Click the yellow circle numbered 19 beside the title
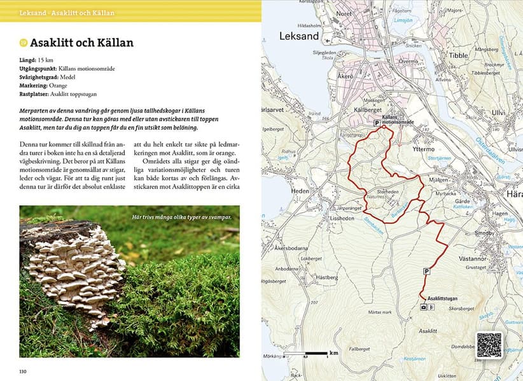coord(24,43)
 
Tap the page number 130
coord(23,371)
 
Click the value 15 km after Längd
coord(45,60)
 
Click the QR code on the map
coord(489,345)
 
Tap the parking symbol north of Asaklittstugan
coord(426,272)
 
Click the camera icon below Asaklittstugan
coord(424,307)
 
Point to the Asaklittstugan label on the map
coord(443,298)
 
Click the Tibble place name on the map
coord(458,55)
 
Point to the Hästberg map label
coord(327,277)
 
